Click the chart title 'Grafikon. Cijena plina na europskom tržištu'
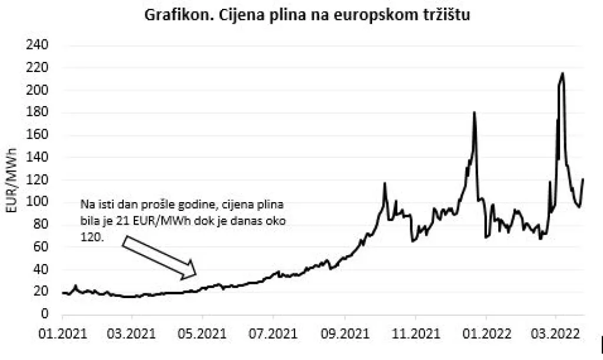pos(307,15)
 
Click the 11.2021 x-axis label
pos(415,333)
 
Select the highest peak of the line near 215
pos(563,73)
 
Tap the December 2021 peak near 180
pos(474,112)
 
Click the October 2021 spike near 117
pos(385,183)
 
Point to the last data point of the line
pos(584,179)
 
